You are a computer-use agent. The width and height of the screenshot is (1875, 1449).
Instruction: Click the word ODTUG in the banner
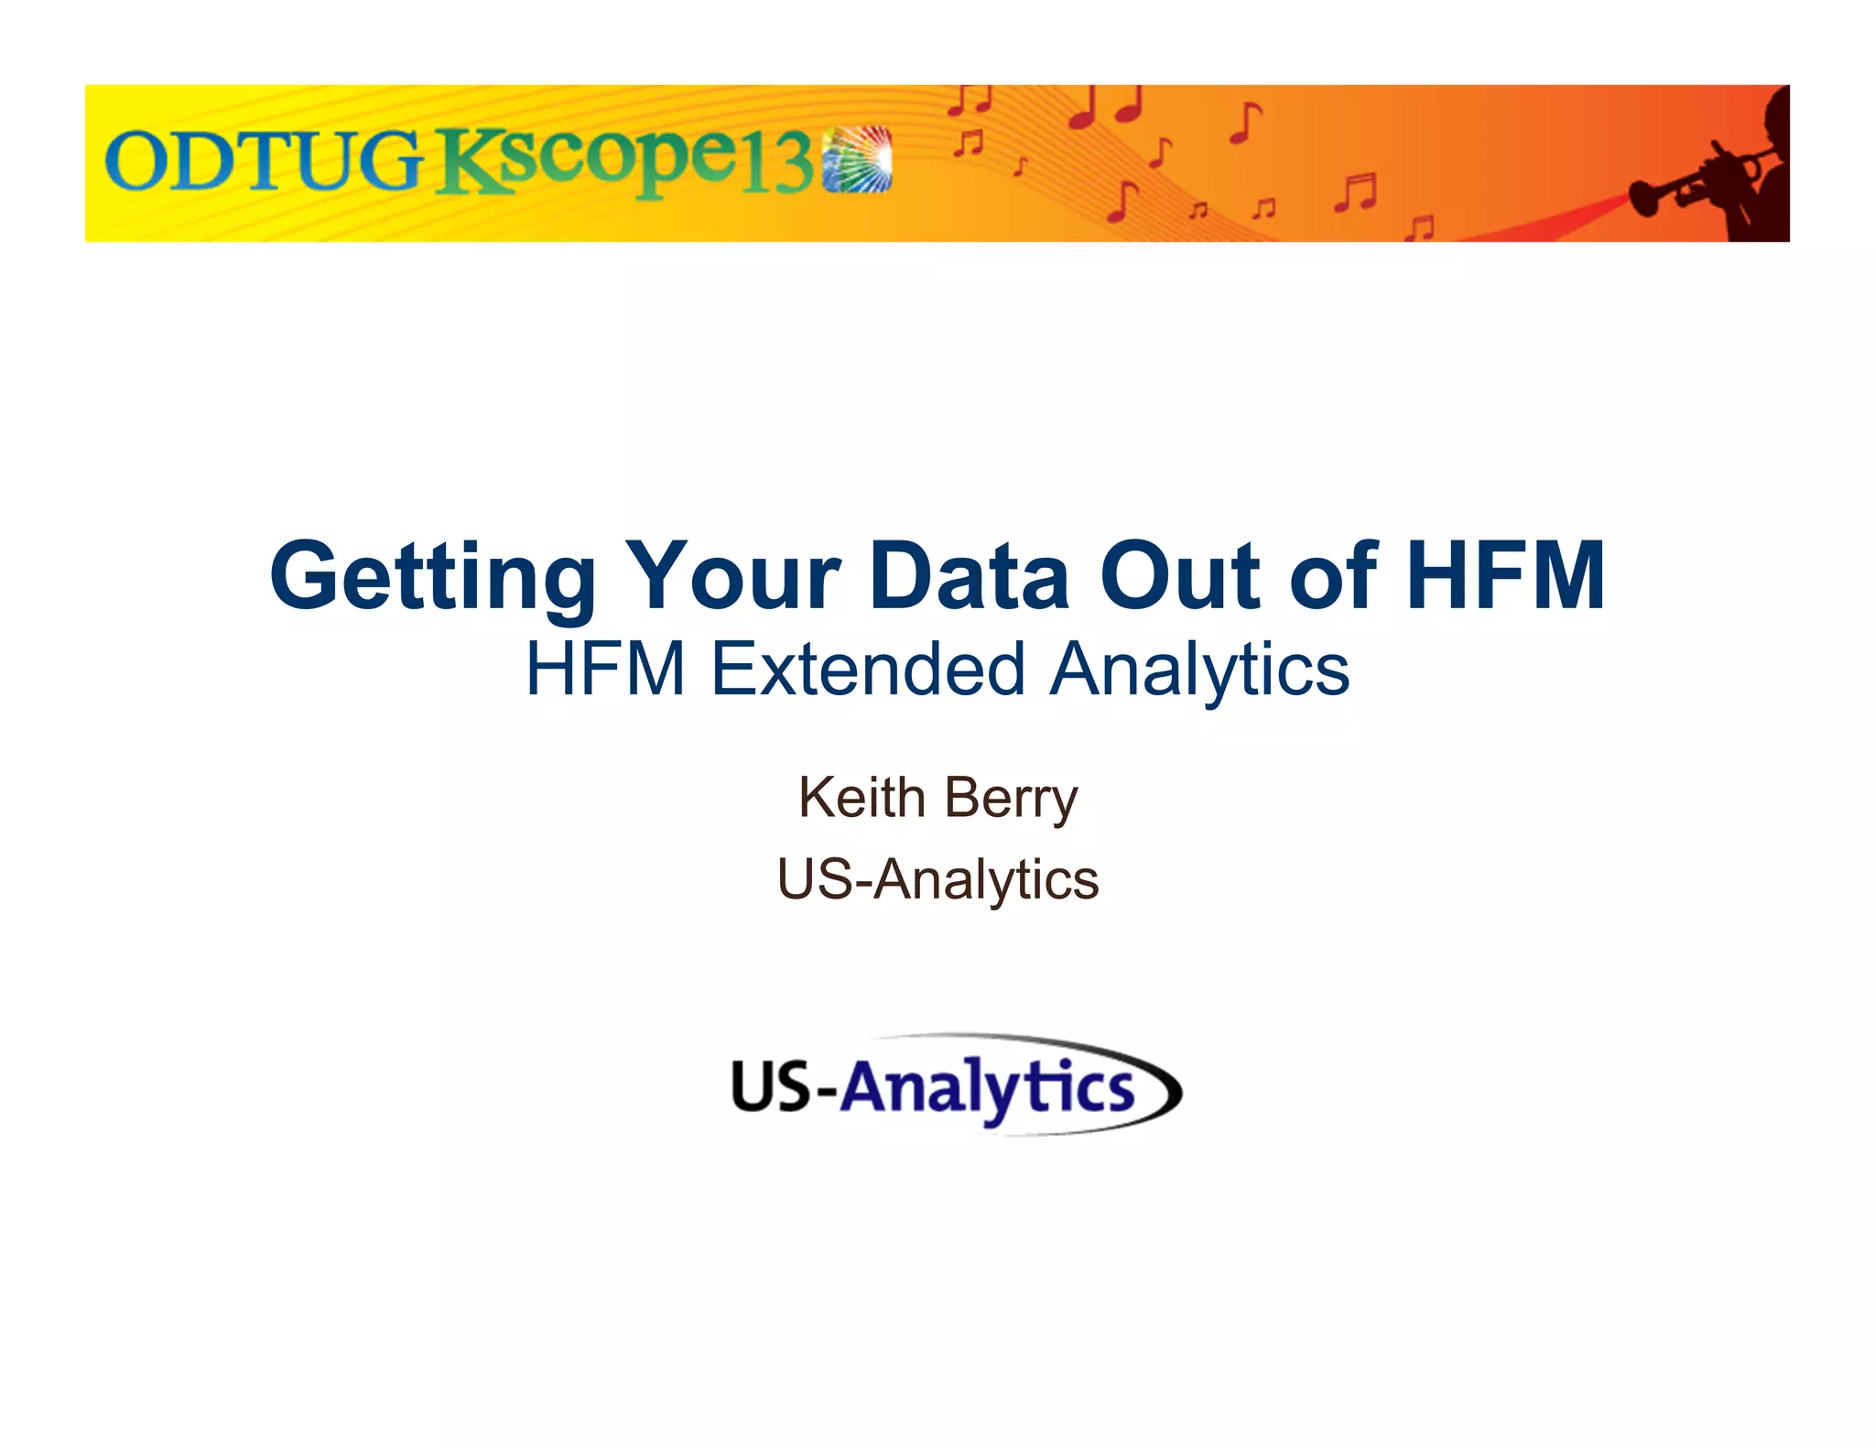tap(264, 161)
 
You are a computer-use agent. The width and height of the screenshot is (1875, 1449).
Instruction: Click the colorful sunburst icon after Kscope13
tap(857, 159)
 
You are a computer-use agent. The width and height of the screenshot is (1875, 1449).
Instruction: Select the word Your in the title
tap(732, 577)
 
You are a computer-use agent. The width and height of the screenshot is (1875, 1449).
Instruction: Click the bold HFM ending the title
tap(1505, 577)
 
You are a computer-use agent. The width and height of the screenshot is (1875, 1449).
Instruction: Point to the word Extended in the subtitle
tap(867, 670)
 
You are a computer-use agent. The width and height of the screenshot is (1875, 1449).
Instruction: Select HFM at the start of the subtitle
tap(605, 670)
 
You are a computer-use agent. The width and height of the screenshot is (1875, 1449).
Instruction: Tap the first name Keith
tap(862, 798)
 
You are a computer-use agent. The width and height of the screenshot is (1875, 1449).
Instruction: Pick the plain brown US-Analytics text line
tap(937, 880)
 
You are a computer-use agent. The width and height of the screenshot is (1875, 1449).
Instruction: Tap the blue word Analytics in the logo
tap(987, 1089)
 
